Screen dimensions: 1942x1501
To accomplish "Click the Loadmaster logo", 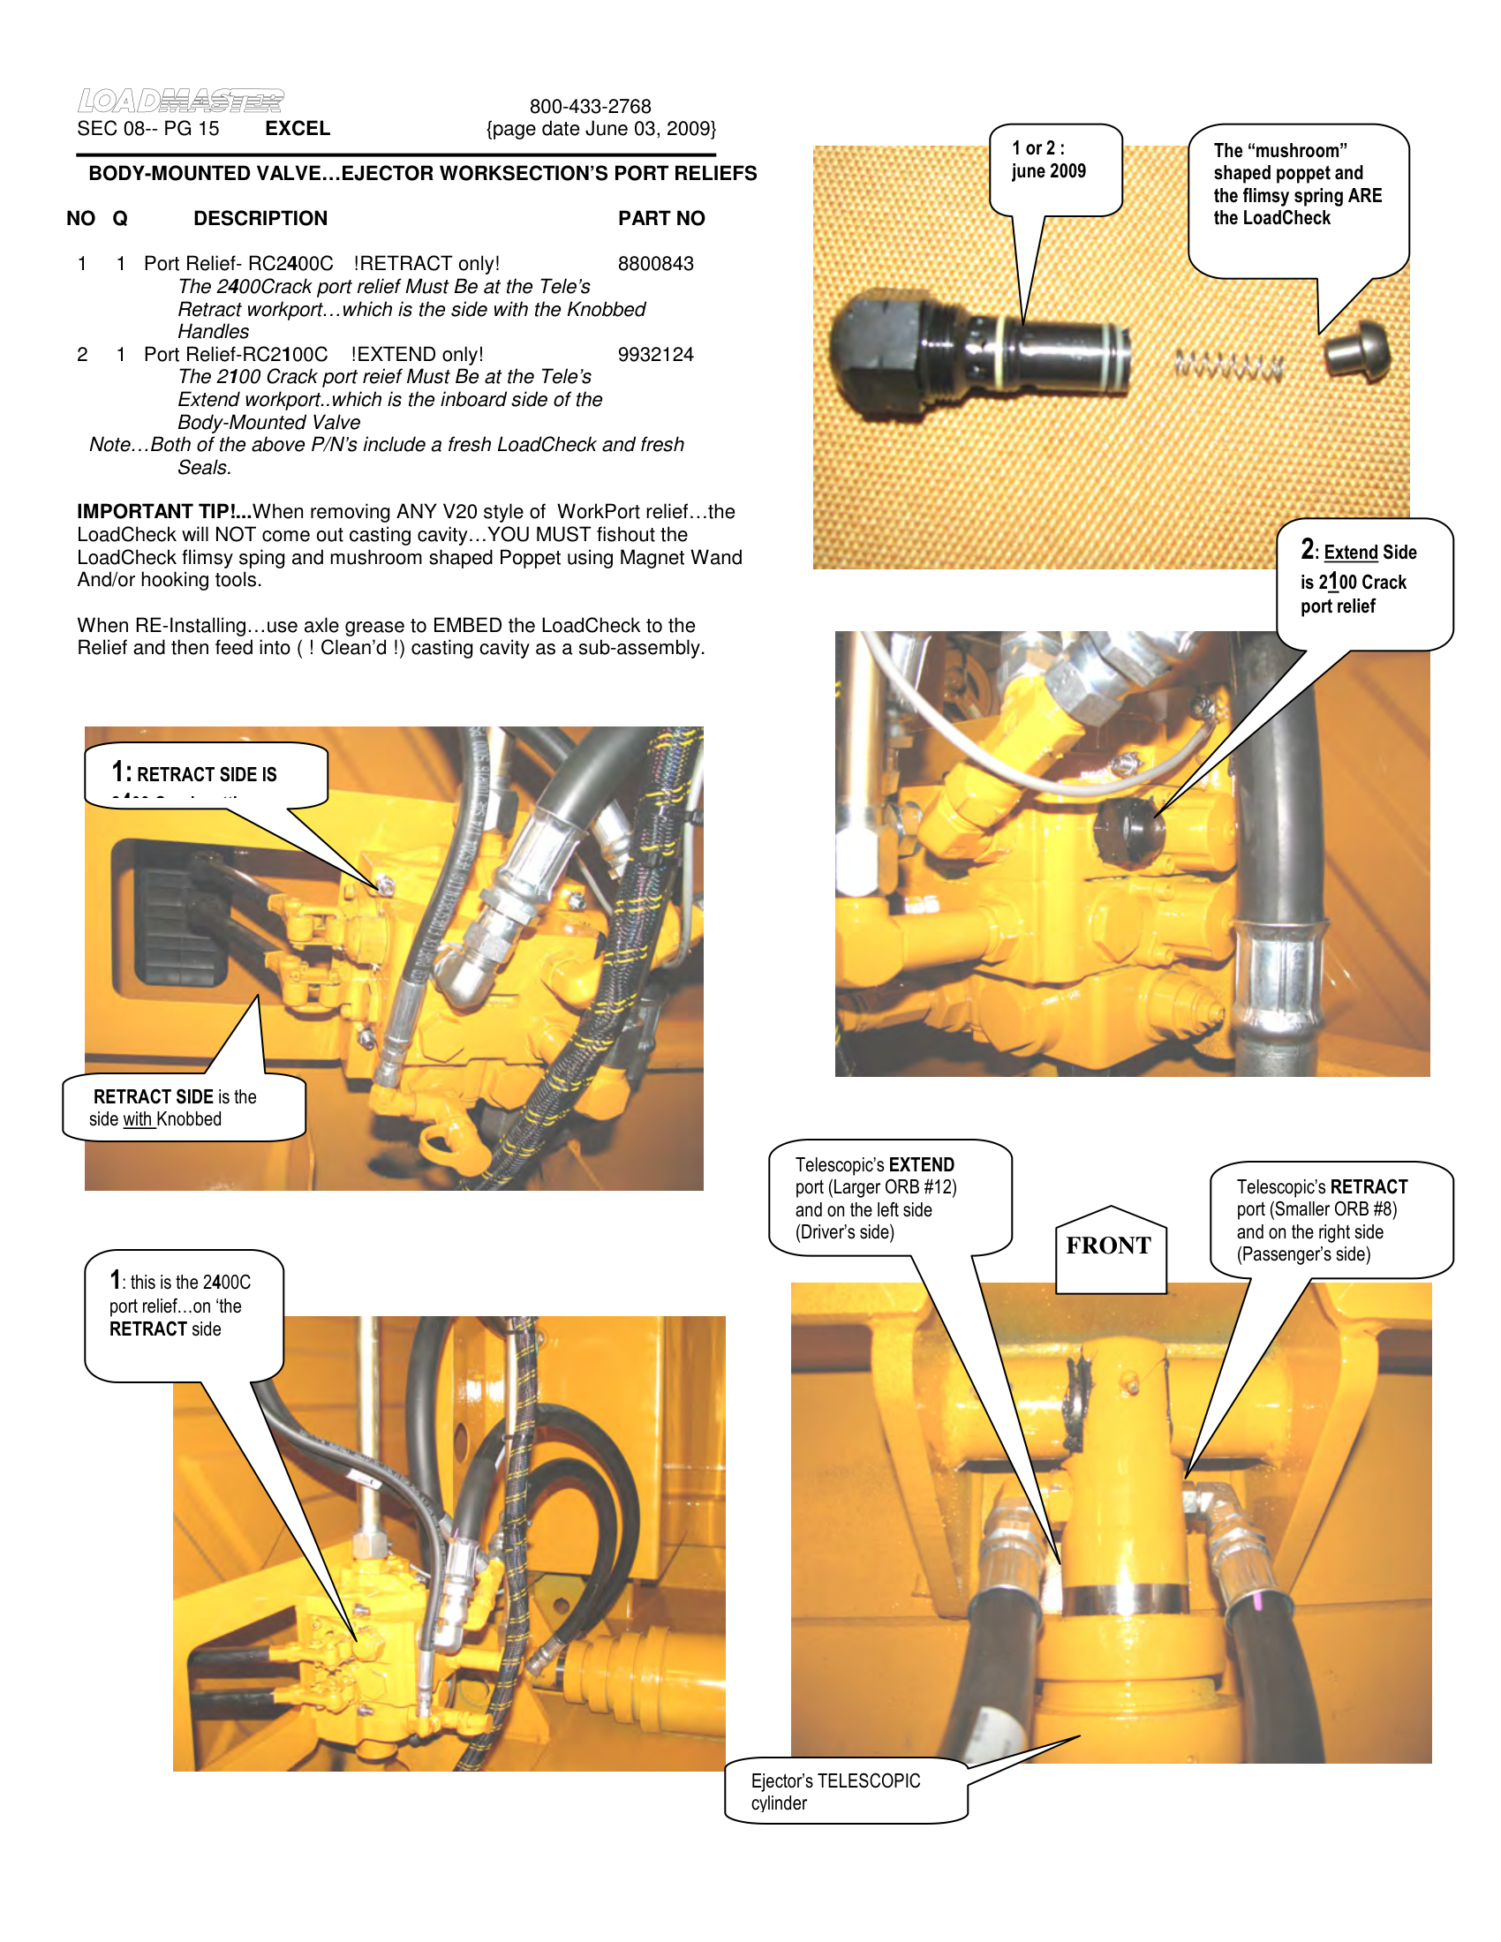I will pyautogui.click(x=180, y=101).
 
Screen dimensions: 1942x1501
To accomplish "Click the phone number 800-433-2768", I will pyautogui.click(x=590, y=107).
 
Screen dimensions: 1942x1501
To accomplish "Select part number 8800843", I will pyautogui.click(x=655, y=264).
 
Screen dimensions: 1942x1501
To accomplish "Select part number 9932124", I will pyautogui.click(x=655, y=355).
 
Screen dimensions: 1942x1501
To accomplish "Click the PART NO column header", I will pyautogui.click(x=660, y=219).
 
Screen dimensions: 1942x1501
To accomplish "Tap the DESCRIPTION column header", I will pyautogui.click(x=260, y=219).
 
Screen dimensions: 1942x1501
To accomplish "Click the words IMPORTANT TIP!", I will pyautogui.click(x=163, y=512).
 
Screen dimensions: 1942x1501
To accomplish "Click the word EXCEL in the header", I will pyautogui.click(x=297, y=129).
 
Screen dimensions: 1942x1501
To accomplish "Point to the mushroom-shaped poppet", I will pyautogui.click(x=1355, y=351).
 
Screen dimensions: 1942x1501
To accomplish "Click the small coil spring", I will pyautogui.click(x=1229, y=365).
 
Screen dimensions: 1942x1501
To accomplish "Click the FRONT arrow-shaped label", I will pyautogui.click(x=1109, y=1246).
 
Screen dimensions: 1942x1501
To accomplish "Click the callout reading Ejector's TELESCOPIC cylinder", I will pyautogui.click(x=836, y=1792).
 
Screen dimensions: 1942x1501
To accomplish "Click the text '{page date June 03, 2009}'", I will pyautogui.click(x=600, y=129).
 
